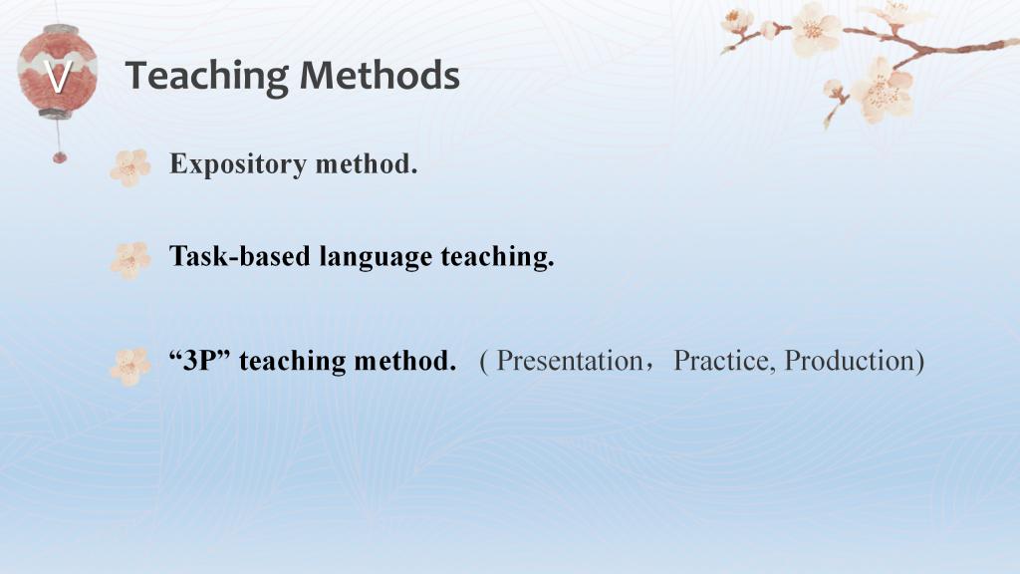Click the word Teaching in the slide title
(206, 77)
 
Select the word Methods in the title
(380, 75)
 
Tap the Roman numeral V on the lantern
(57, 76)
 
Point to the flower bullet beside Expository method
(130, 167)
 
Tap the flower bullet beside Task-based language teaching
(130, 260)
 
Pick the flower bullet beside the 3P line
(130, 367)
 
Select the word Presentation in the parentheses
(570, 361)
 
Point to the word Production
(850, 361)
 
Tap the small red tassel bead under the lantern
(59, 156)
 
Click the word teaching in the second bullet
(497, 257)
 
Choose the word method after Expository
(367, 163)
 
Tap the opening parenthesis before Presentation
(484, 361)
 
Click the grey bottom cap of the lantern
(56, 114)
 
